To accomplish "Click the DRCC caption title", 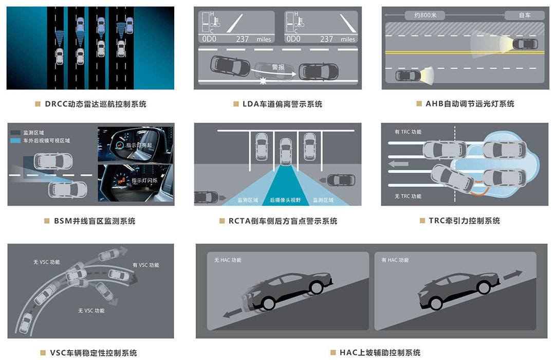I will (95, 104).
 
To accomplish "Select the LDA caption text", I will (282, 104).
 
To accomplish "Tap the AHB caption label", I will (470, 104).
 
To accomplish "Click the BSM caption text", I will (95, 221).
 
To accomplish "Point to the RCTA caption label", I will (283, 221).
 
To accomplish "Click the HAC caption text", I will (380, 353).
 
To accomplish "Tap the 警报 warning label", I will (278, 67).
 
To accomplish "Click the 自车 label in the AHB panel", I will (524, 15).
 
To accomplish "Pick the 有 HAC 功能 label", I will (395, 260).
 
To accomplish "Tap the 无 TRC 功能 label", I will (408, 196).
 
